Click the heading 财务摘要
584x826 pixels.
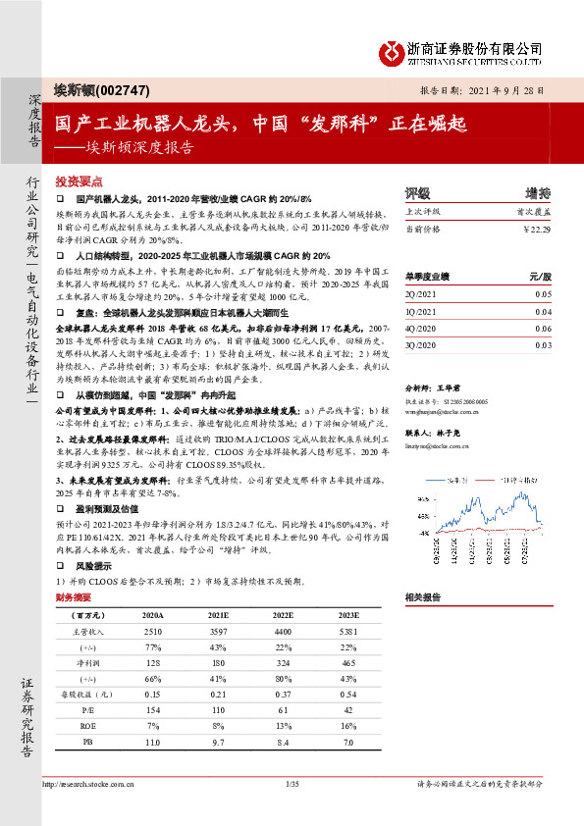click(74, 596)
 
